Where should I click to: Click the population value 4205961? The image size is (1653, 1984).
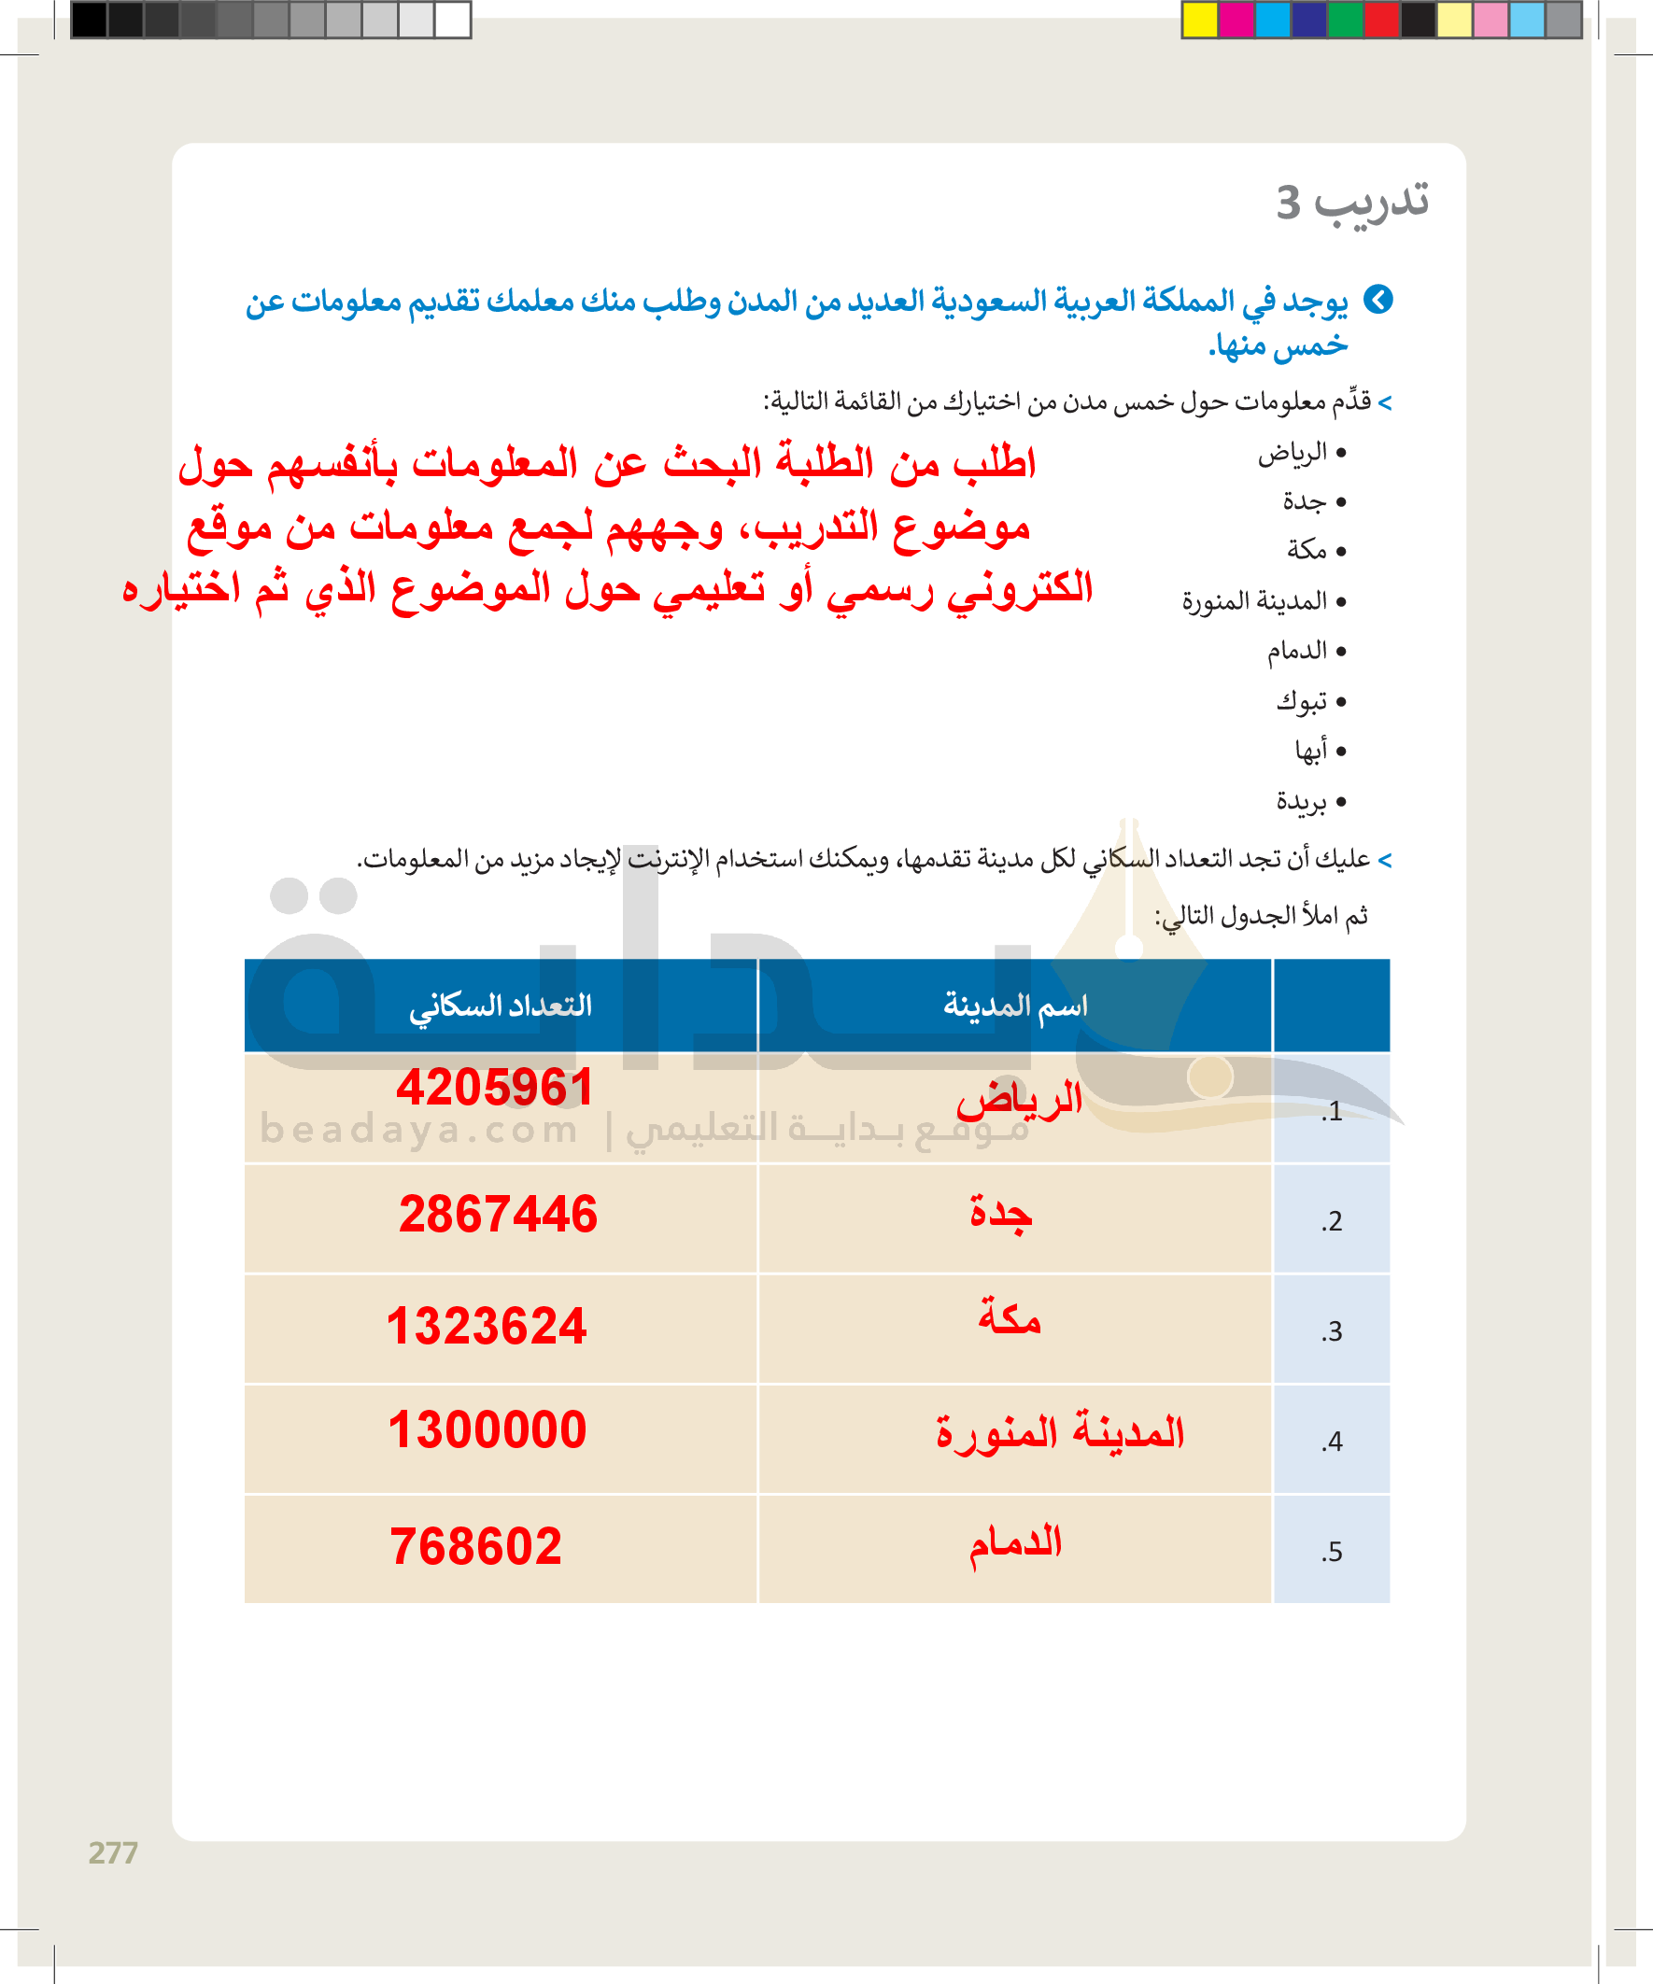click(x=494, y=1088)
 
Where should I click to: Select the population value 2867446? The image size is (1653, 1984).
click(x=498, y=1214)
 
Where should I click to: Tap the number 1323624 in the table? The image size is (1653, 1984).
click(x=487, y=1326)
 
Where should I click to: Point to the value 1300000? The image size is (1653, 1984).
click(x=487, y=1429)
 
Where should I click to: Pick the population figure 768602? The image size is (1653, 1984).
click(x=475, y=1546)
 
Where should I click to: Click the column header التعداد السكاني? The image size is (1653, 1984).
click(x=500, y=1006)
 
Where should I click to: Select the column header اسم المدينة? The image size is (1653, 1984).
click(x=1015, y=1006)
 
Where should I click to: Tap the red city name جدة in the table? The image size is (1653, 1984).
click(x=1001, y=1214)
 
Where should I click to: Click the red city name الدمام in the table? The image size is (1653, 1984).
click(x=1016, y=1544)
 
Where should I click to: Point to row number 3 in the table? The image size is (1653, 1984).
click(x=1332, y=1331)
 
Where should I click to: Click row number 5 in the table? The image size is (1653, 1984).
click(x=1332, y=1552)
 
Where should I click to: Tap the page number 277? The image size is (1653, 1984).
click(x=113, y=1852)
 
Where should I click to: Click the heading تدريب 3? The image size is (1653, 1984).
click(x=1351, y=203)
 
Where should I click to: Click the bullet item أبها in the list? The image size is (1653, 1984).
click(x=1311, y=750)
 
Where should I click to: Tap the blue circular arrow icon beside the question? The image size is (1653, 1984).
click(x=1378, y=300)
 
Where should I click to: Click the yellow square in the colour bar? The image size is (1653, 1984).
click(x=1200, y=20)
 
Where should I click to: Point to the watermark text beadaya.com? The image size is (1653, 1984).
click(x=418, y=1129)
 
